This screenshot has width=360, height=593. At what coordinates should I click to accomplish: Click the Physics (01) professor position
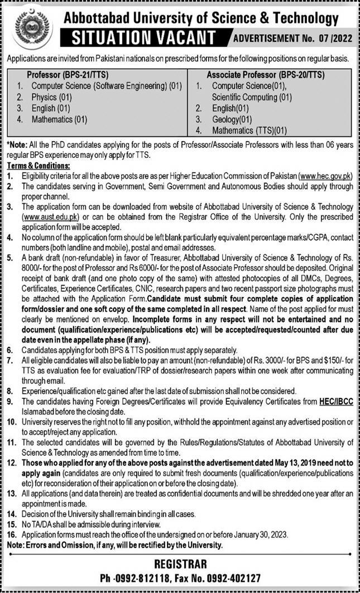[52, 97]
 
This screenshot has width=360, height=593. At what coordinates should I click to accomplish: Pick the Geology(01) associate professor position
[232, 119]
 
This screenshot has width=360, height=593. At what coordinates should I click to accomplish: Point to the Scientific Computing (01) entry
[252, 97]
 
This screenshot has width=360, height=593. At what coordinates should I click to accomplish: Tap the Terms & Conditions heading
[38, 166]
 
